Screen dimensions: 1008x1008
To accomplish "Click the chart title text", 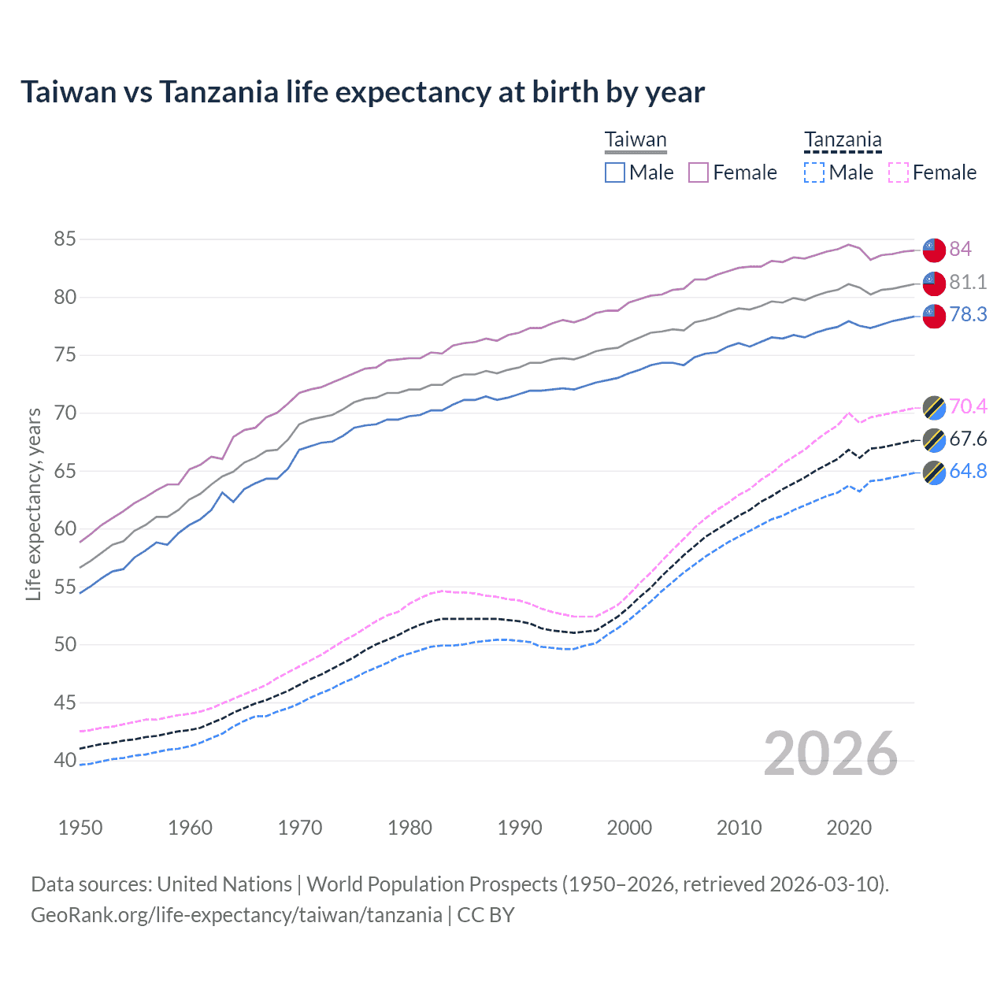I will tap(362, 92).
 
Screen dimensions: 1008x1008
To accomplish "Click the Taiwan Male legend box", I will tap(615, 172).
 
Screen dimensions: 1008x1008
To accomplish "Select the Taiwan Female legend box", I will tap(699, 172).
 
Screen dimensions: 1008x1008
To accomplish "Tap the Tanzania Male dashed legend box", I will tap(814, 172).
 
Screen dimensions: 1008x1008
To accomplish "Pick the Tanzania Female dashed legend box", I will tap(899, 172).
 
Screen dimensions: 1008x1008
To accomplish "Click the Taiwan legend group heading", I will tap(636, 140).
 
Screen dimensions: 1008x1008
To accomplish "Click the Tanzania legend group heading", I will tap(843, 140).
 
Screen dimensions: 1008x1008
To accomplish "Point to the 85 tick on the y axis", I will tap(65, 239).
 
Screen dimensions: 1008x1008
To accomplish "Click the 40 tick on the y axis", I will tap(65, 760).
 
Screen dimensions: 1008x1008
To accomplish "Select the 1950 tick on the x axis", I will tap(80, 828).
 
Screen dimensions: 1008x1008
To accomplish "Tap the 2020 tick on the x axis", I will tap(849, 828).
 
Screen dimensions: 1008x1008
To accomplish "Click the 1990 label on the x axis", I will tap(520, 828).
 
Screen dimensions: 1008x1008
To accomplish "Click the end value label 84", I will tap(960, 249).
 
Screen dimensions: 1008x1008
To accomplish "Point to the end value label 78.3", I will tap(968, 314).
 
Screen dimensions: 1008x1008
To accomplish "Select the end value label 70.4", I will tap(968, 406).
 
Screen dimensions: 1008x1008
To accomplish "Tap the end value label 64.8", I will tap(968, 471).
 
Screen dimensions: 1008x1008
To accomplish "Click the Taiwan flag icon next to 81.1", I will tap(934, 283).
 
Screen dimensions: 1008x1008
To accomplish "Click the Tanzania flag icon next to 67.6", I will tap(934, 439).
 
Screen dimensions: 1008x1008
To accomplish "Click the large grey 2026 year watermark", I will tap(831, 754).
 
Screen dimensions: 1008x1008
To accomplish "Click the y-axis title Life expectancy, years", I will tap(33, 504).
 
